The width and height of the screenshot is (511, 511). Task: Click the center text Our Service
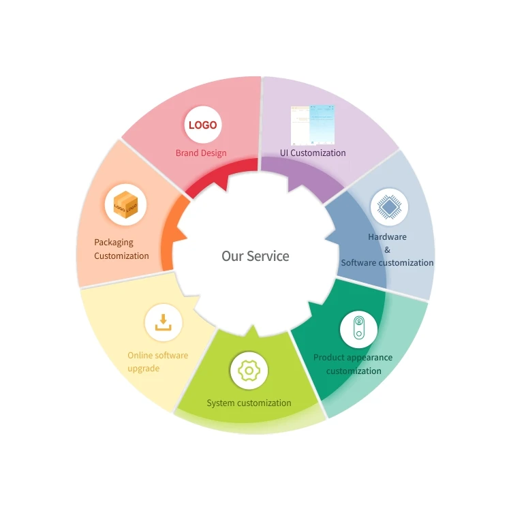[255, 256]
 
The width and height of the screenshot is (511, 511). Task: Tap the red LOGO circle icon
[202, 125]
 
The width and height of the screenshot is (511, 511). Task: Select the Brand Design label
[201, 153]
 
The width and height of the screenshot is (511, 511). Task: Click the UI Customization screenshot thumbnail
[313, 125]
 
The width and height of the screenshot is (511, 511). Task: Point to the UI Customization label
[313, 153]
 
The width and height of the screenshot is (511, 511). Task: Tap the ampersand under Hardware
[387, 249]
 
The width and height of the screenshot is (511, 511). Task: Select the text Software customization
[387, 262]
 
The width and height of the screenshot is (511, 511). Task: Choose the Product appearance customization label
[353, 364]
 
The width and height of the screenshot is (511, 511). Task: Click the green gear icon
[249, 371]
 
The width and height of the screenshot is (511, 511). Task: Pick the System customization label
[249, 403]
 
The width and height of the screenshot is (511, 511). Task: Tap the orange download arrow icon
[164, 322]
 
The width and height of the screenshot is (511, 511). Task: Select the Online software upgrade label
[157, 362]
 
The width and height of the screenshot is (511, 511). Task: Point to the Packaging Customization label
[121, 249]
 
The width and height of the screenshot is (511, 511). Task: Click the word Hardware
[387, 236]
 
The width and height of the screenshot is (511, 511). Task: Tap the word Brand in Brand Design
[187, 153]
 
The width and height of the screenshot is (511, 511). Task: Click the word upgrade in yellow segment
[143, 368]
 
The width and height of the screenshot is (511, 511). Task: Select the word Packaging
[114, 242]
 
